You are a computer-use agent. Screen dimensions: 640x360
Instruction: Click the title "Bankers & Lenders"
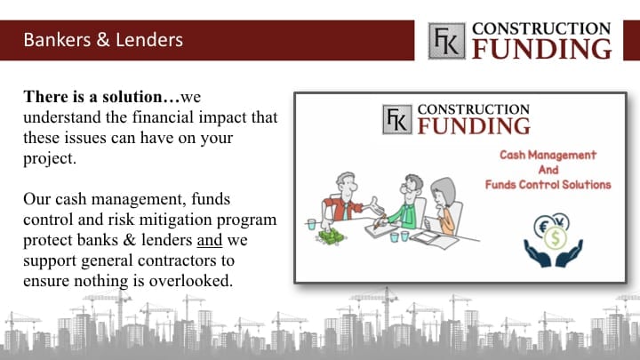[x=103, y=40]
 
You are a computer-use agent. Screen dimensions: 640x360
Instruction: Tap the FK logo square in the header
[x=446, y=41]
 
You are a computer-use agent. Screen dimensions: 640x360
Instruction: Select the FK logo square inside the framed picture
[x=397, y=119]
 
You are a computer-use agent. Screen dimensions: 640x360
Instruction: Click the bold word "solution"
[x=132, y=97]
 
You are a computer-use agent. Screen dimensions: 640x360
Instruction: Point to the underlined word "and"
[x=210, y=240]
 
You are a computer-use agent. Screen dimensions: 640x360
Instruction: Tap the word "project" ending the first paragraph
[x=48, y=159]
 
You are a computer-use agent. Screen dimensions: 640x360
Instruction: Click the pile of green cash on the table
[x=331, y=236]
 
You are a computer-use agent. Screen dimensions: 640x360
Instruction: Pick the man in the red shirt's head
[x=346, y=184]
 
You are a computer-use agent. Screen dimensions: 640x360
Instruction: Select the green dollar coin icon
[x=555, y=238]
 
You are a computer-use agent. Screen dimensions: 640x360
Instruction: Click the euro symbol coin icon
[x=544, y=226]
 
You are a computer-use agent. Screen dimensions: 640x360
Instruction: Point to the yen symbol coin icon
[x=561, y=222]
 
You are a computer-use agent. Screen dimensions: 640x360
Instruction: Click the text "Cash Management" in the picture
[x=548, y=155]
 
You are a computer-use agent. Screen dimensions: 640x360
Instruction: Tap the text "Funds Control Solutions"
[x=548, y=185]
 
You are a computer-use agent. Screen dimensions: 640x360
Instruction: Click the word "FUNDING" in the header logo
[x=541, y=49]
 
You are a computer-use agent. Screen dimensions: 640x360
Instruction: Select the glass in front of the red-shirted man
[x=311, y=225]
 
